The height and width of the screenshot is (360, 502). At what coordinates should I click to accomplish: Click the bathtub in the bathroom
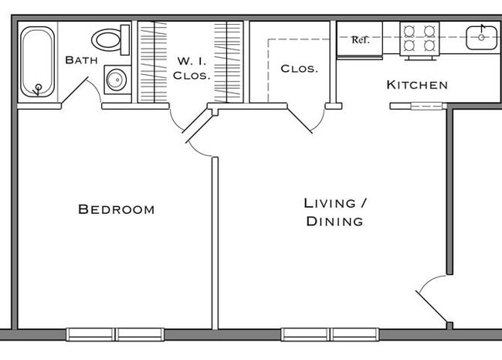(36, 62)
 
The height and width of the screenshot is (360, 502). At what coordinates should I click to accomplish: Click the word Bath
(80, 60)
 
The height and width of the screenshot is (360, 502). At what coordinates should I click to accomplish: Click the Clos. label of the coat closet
(299, 69)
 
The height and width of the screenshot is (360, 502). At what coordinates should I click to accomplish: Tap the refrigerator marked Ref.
(361, 40)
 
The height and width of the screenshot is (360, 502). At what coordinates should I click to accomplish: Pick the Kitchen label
(416, 85)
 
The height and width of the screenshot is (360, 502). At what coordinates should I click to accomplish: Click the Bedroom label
(117, 209)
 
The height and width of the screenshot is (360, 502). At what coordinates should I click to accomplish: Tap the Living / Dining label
(334, 212)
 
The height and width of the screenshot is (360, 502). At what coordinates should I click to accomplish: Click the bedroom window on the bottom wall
(115, 335)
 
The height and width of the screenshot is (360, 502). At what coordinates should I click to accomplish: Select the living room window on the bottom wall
(331, 335)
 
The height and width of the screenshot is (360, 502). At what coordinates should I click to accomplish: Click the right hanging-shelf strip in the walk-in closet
(229, 62)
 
